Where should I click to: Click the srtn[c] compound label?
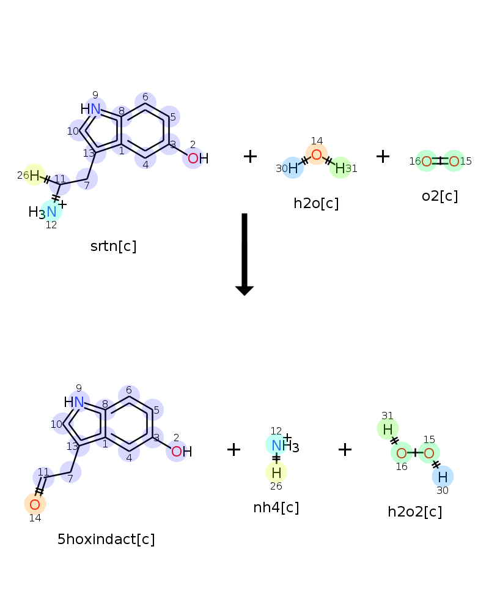[113, 246]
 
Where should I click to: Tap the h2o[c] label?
[316, 203]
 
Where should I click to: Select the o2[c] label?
[439, 196]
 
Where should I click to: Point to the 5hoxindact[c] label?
[106, 539]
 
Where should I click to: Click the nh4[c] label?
[276, 507]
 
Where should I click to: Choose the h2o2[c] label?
[414, 512]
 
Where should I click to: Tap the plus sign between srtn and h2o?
[250, 156]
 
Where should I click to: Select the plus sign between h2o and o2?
[383, 156]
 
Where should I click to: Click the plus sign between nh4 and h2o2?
[345, 450]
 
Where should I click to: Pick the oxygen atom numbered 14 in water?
[317, 154]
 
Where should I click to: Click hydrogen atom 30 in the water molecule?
[293, 168]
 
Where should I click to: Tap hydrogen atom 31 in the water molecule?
[340, 168]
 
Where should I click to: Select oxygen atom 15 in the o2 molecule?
[454, 161]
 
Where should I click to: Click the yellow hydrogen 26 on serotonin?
[34, 176]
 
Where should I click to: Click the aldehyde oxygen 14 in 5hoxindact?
[35, 504]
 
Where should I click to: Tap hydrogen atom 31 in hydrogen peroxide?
[388, 430]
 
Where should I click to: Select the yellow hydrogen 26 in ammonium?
[276, 472]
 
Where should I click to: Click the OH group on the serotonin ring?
[197, 159]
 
